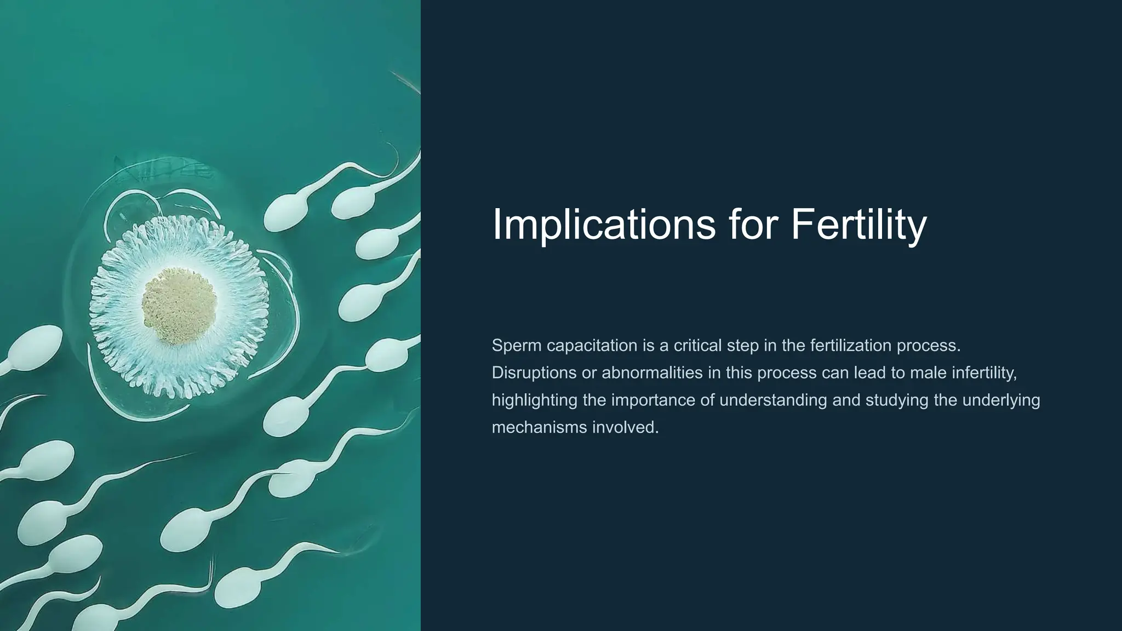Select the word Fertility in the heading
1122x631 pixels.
[858, 224]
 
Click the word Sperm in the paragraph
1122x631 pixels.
[517, 346]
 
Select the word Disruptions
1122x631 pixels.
[534, 373]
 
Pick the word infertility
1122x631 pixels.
[984, 373]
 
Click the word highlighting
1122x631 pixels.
[535, 400]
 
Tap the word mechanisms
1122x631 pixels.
[540, 427]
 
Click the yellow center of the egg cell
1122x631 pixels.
[179, 305]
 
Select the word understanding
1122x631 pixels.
[773, 400]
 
